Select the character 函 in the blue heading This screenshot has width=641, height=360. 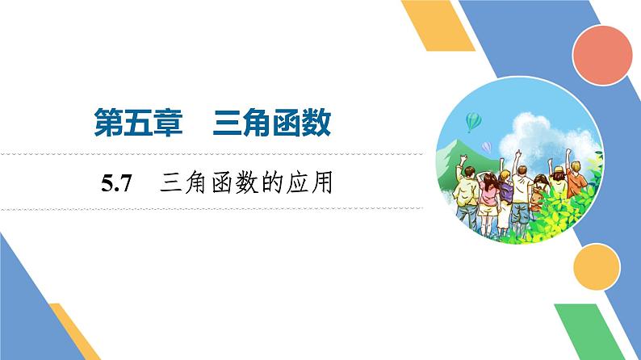click(x=281, y=125)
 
